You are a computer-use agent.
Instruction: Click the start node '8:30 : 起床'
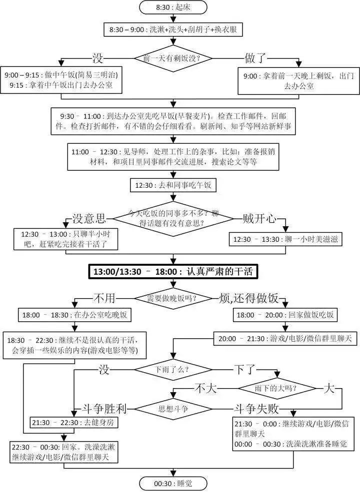[x=173, y=7]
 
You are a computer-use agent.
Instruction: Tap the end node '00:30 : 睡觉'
[x=173, y=484]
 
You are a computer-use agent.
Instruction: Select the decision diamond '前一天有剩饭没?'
[x=173, y=58]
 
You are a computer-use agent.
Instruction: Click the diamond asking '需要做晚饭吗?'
[x=173, y=298]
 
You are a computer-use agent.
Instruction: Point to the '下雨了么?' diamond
[x=173, y=369]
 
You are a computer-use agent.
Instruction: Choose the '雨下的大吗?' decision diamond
[x=277, y=389]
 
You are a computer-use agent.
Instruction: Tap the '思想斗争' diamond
[x=173, y=409]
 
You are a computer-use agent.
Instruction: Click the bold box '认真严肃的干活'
[x=173, y=271]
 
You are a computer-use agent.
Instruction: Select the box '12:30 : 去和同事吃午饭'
[x=173, y=185]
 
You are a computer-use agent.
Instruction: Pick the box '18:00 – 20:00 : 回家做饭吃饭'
[x=285, y=315]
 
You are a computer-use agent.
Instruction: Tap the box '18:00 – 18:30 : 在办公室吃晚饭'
[x=75, y=315]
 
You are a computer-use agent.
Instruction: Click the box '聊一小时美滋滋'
[x=285, y=239]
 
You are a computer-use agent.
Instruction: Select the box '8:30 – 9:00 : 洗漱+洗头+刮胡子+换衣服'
[x=173, y=30]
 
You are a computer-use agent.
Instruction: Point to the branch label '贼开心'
[x=259, y=218]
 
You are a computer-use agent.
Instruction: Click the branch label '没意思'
[x=89, y=218]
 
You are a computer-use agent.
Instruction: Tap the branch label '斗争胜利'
[x=104, y=409]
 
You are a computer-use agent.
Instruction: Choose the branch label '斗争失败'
[x=256, y=409]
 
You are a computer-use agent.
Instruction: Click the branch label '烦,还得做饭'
[x=249, y=298]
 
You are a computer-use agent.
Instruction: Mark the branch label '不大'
[x=206, y=389]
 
